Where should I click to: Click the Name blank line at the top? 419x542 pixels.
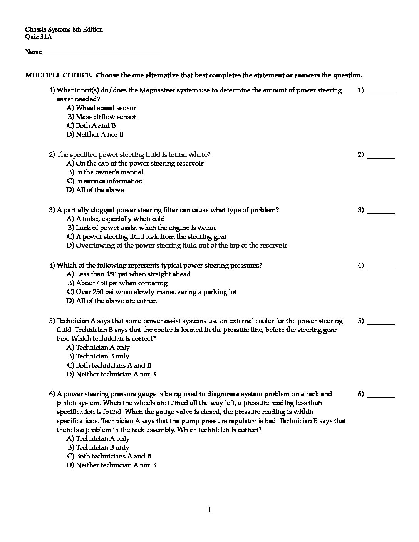click(x=102, y=53)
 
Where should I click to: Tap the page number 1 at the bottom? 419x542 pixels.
click(x=209, y=510)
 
